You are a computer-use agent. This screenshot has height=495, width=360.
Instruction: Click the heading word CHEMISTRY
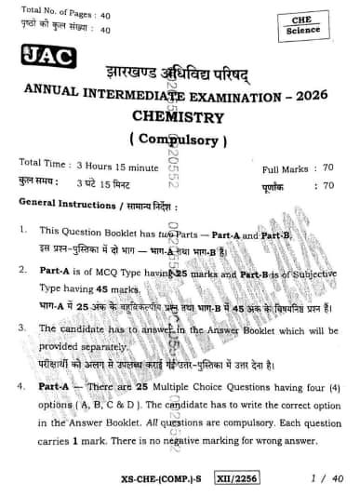coord(179,118)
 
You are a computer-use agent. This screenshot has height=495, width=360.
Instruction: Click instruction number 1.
coord(21,229)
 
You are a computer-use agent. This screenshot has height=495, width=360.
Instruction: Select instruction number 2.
coord(21,270)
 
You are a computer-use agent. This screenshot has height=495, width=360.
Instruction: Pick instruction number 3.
coord(21,328)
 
